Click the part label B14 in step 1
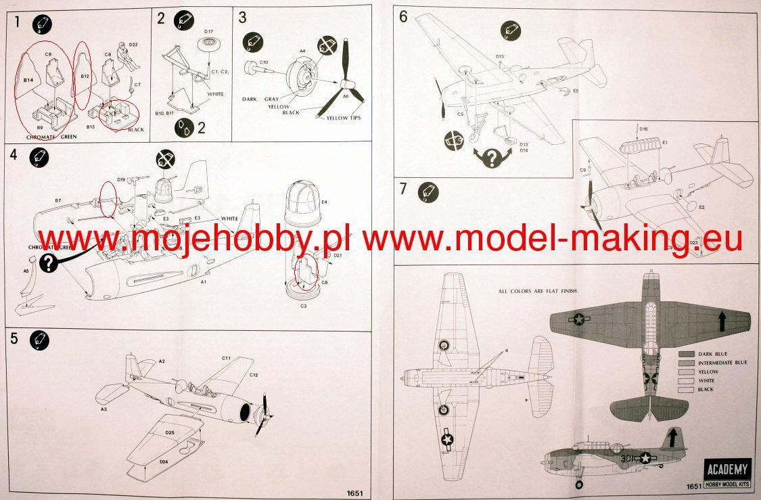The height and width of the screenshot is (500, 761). [28, 81]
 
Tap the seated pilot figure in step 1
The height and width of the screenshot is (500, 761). [126, 57]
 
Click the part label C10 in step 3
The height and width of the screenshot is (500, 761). [263, 62]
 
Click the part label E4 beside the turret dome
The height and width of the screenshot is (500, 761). [324, 202]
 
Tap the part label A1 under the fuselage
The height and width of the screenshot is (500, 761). [202, 283]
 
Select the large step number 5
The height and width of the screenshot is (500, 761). [15, 339]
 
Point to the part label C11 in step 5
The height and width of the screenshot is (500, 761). [226, 358]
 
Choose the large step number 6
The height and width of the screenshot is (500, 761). [403, 16]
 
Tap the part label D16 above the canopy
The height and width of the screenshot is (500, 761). [643, 129]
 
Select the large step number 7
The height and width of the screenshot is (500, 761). [403, 189]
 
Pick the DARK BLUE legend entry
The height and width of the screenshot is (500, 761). [713, 354]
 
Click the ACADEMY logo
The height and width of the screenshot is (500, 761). [727, 468]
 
